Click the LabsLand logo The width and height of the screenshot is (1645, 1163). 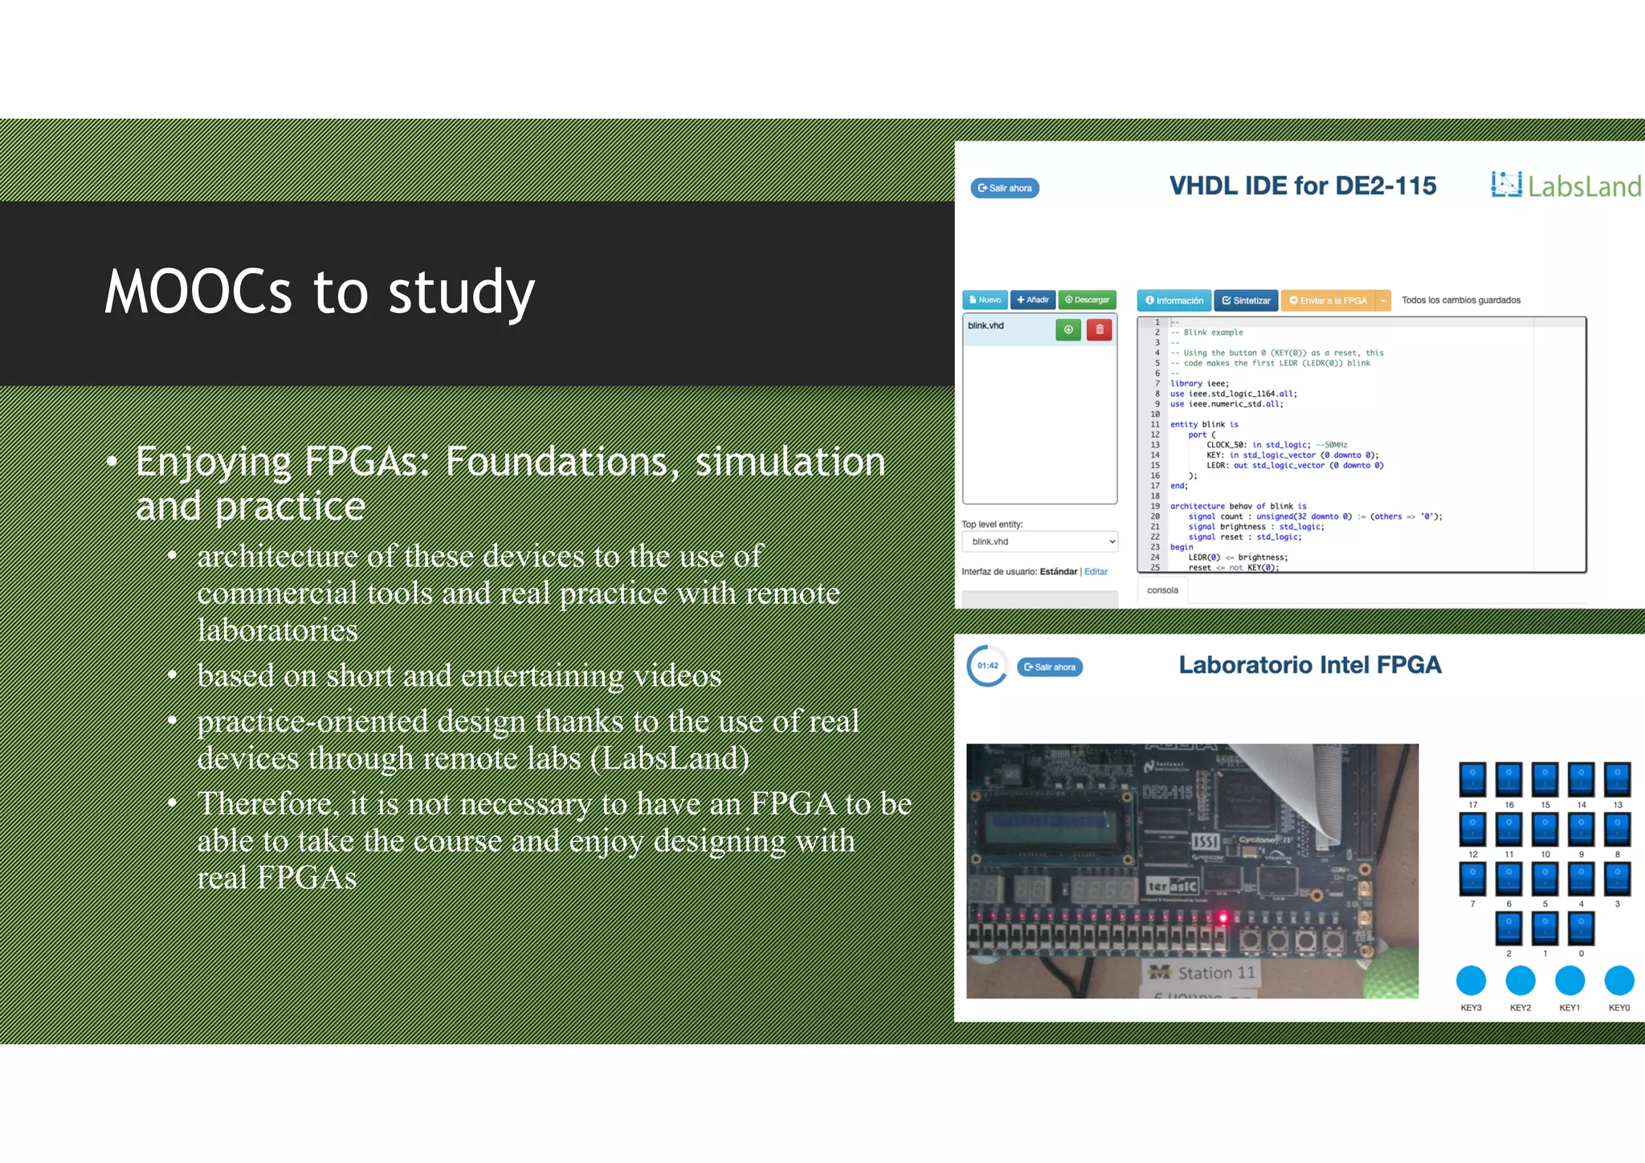pyautogui.click(x=1565, y=186)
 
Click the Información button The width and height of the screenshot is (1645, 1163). pyautogui.click(x=1174, y=300)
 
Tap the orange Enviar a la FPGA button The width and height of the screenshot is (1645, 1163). pyautogui.click(x=1328, y=300)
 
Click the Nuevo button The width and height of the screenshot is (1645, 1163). pyautogui.click(x=985, y=300)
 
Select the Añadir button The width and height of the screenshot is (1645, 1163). pyautogui.click(x=1032, y=300)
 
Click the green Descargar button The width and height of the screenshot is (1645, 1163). pyautogui.click(x=1087, y=300)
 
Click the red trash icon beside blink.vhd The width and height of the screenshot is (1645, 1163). pyautogui.click(x=1099, y=329)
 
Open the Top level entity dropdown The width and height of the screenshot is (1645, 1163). pyautogui.click(x=1039, y=541)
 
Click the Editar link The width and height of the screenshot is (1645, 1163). pyautogui.click(x=1096, y=572)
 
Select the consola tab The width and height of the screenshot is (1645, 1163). pyautogui.click(x=1162, y=590)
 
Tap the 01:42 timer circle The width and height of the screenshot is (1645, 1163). pyautogui.click(x=987, y=666)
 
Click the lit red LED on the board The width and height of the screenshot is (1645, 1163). pyautogui.click(x=1223, y=917)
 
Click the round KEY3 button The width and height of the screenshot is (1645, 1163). pyautogui.click(x=1471, y=981)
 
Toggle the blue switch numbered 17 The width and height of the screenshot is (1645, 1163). pyautogui.click(x=1472, y=779)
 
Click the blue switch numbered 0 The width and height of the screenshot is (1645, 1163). pyautogui.click(x=1581, y=928)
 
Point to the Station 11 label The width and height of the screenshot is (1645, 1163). pyautogui.click(x=1202, y=973)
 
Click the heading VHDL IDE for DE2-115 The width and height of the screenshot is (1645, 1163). pyautogui.click(x=1302, y=186)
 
